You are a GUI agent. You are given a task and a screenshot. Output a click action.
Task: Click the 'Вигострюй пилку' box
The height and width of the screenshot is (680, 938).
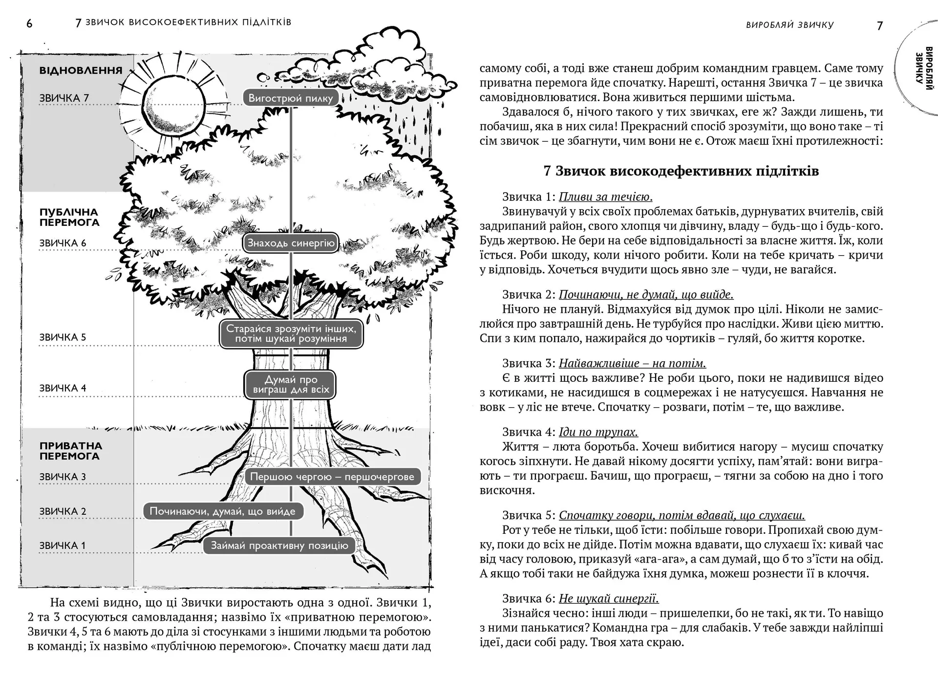coord(291,98)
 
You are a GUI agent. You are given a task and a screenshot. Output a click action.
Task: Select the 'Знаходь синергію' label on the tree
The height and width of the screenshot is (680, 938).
coord(291,243)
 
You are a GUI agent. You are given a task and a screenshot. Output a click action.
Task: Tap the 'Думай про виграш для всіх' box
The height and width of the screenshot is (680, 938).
coord(291,384)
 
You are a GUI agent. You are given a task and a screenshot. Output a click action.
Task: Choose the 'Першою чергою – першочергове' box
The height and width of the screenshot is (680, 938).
coord(332,477)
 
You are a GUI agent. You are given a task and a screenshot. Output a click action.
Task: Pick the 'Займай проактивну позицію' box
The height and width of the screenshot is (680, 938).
coord(279,546)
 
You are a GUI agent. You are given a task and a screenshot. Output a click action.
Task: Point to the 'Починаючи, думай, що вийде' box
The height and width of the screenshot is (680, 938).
coord(223,511)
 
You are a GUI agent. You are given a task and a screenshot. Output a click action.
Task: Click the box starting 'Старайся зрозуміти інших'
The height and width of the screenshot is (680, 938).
coord(291,334)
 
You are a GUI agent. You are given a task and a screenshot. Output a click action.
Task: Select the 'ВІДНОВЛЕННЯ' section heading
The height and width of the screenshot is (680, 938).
coord(81,70)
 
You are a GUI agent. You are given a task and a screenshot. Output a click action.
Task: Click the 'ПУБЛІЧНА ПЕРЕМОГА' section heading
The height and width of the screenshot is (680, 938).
coord(69,218)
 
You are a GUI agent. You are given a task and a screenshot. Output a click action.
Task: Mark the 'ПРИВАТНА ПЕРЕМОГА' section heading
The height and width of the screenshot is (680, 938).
coord(70,451)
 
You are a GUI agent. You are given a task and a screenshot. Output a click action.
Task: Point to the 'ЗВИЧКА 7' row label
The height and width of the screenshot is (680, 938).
coord(64,98)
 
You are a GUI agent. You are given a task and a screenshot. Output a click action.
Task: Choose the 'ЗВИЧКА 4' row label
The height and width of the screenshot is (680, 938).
coord(63,388)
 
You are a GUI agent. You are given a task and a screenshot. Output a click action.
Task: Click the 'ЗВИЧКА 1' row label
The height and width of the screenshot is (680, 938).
coord(62,546)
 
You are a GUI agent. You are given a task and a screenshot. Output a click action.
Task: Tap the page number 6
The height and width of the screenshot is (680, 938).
coord(29,23)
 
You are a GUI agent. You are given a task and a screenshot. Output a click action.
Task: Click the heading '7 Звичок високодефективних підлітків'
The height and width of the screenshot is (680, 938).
coord(681,171)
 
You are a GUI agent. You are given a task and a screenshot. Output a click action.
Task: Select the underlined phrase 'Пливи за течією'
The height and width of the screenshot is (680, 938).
coord(605,197)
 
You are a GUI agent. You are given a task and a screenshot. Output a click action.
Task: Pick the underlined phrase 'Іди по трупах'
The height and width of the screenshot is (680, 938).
coord(598,432)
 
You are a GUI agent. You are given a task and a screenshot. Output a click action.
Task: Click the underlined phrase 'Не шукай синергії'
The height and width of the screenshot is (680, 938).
coord(609,598)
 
